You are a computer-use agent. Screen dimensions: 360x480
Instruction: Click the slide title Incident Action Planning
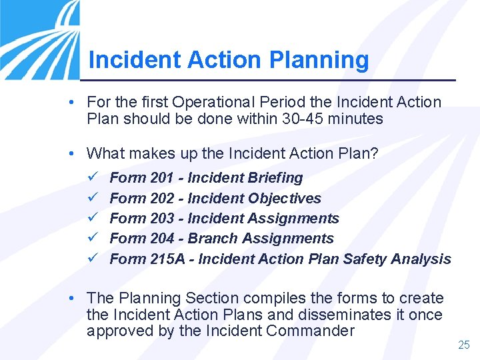tap(228, 60)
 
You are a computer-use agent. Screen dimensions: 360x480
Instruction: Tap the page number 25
tap(464, 345)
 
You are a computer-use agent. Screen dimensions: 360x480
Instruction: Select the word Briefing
tap(275, 178)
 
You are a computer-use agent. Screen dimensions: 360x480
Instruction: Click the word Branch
tap(211, 239)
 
